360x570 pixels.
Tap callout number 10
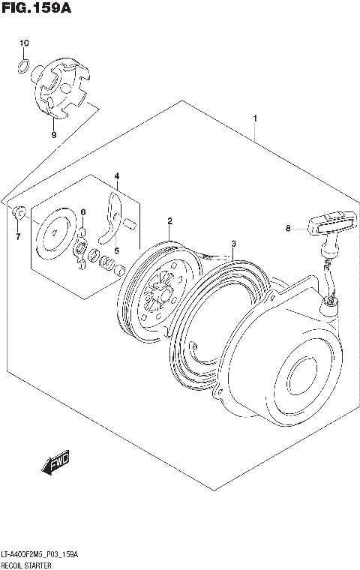[x=23, y=43]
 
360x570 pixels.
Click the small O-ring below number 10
[x=23, y=69]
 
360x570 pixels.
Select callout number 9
[x=53, y=135]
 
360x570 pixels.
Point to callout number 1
[x=256, y=118]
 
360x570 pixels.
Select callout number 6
[x=84, y=212]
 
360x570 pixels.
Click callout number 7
[x=18, y=238]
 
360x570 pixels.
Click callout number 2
[x=170, y=221]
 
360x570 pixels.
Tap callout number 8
[x=287, y=229]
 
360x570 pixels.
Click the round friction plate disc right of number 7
[x=55, y=234]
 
